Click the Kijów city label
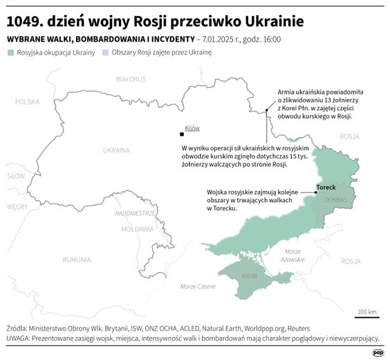[x=192, y=128]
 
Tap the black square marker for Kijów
[x=181, y=134]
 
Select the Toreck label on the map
[x=326, y=188]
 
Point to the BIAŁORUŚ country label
[x=131, y=80]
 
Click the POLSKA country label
[x=28, y=102]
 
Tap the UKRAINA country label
[x=116, y=150]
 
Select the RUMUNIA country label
[x=76, y=260]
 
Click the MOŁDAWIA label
[x=137, y=228]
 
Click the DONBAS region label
[x=336, y=199]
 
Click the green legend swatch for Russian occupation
[x=10, y=52]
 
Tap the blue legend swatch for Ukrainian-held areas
[x=105, y=52]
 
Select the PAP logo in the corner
[x=378, y=352]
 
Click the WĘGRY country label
[x=17, y=206]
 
